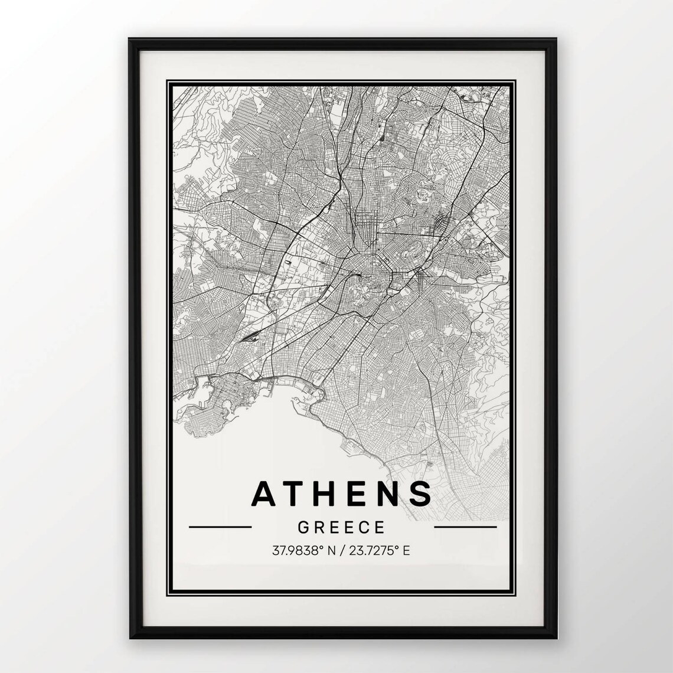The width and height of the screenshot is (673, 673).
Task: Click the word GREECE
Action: (342, 527)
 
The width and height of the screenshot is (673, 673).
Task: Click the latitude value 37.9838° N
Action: (303, 551)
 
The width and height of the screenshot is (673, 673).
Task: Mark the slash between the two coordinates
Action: (342, 551)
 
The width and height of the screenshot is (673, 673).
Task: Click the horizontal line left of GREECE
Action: (220, 527)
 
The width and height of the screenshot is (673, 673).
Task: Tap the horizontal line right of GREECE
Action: (465, 527)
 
